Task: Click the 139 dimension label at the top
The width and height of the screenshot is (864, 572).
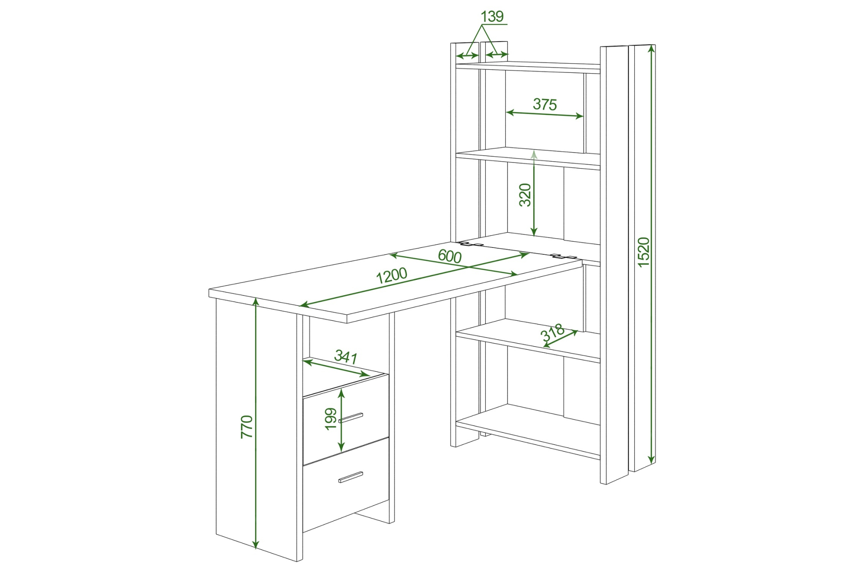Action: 492,16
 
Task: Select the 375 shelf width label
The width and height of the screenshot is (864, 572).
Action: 545,104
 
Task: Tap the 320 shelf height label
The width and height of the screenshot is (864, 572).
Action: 525,195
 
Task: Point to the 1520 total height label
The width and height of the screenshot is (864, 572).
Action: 644,252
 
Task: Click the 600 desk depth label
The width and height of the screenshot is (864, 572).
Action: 450,256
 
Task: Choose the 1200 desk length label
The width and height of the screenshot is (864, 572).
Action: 391,276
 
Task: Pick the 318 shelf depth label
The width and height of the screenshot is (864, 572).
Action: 552,333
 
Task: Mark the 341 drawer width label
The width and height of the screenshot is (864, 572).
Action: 346,357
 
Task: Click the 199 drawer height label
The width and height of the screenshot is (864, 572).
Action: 331,419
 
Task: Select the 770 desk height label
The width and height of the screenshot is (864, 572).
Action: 247,427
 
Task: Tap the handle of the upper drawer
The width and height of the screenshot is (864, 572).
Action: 351,418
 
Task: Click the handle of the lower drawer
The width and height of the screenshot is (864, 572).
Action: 351,477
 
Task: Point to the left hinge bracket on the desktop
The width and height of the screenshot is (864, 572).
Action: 471,244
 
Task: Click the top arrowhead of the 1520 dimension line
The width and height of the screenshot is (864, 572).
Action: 651,49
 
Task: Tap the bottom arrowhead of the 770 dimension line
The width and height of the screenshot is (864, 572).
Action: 256,544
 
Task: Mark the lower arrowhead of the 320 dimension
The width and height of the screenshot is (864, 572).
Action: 534,232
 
